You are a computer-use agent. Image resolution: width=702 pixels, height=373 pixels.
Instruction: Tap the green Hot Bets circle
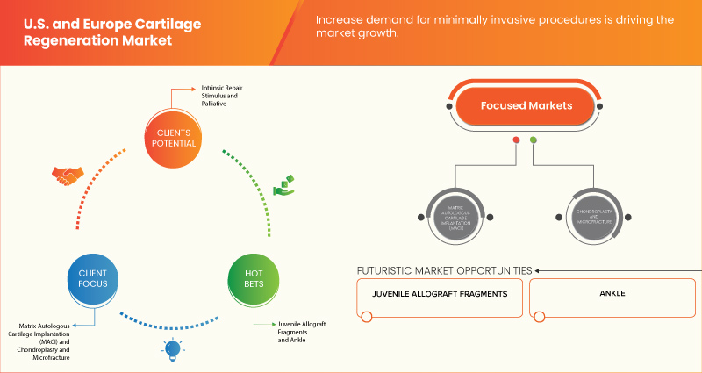click(252, 278)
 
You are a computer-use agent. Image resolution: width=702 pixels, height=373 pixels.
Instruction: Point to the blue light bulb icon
click(173, 349)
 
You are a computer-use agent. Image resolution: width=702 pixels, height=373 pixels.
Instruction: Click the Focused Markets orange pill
click(525, 106)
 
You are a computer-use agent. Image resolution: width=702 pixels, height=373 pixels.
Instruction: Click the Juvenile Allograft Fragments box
click(440, 298)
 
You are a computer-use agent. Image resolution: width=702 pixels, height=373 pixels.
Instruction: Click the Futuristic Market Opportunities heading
click(444, 269)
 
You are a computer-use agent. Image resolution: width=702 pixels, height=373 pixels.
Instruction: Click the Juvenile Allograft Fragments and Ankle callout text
click(301, 331)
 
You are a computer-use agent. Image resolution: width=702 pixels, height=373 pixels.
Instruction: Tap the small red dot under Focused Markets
click(516, 140)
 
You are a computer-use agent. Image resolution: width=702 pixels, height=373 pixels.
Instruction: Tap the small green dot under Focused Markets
click(534, 140)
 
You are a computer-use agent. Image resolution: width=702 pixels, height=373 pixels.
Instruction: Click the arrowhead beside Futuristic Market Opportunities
click(539, 269)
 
